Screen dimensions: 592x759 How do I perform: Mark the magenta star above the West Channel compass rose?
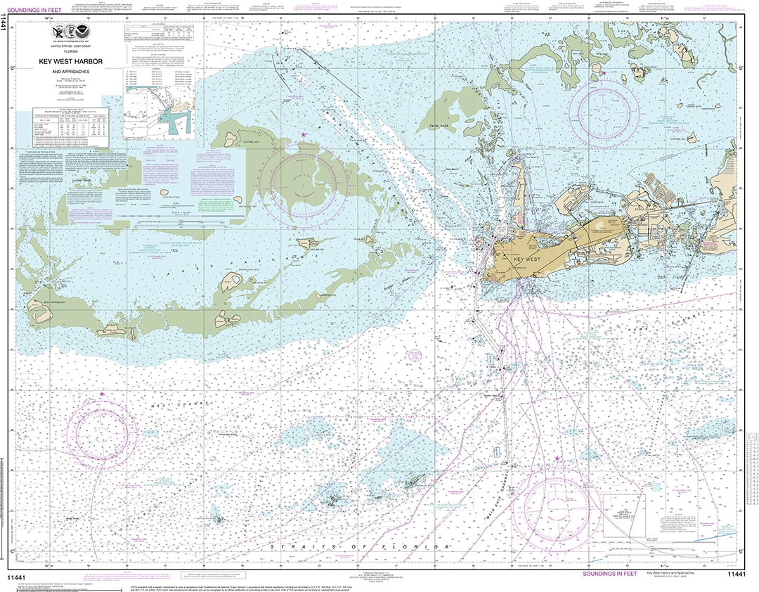[102, 394]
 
